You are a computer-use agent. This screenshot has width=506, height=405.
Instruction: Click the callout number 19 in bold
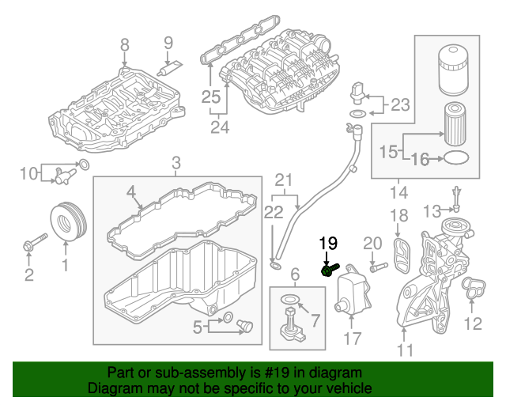[328, 244]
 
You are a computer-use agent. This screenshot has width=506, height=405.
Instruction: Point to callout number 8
[124, 45]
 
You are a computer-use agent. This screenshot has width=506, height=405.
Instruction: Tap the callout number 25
[210, 97]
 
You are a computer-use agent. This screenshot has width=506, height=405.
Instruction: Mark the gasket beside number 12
[474, 290]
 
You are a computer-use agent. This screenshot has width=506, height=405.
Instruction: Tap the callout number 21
[284, 179]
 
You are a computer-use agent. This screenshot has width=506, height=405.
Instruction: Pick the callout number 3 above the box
[176, 164]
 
